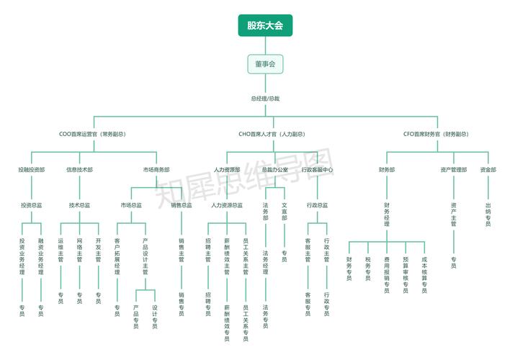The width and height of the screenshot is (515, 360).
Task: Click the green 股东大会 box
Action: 265,26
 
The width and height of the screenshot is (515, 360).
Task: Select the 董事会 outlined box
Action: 265,65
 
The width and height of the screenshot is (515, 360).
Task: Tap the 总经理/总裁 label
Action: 265,98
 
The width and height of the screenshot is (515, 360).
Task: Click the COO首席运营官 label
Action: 92,134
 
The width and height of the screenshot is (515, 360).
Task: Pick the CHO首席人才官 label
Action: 272,134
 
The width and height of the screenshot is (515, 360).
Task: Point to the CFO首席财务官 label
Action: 436,134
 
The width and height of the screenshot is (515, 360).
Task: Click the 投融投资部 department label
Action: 32,170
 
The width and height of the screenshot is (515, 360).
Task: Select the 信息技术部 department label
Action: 79,170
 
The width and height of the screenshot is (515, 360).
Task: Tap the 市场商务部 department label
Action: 156,170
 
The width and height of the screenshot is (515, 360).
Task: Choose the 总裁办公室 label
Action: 274,170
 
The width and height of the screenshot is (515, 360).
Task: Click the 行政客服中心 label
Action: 317,170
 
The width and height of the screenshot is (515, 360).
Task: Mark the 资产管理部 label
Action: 454,170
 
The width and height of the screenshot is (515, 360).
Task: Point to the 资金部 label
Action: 488,170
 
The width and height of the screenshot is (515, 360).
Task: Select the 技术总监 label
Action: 79,205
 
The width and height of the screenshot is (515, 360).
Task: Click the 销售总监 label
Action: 182,205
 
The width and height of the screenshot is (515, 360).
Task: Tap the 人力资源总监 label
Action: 226,205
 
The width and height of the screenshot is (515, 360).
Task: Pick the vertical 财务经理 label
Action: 387,215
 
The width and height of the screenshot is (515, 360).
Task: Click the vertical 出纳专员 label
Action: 488,215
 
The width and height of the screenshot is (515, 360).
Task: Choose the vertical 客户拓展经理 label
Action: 117,256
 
